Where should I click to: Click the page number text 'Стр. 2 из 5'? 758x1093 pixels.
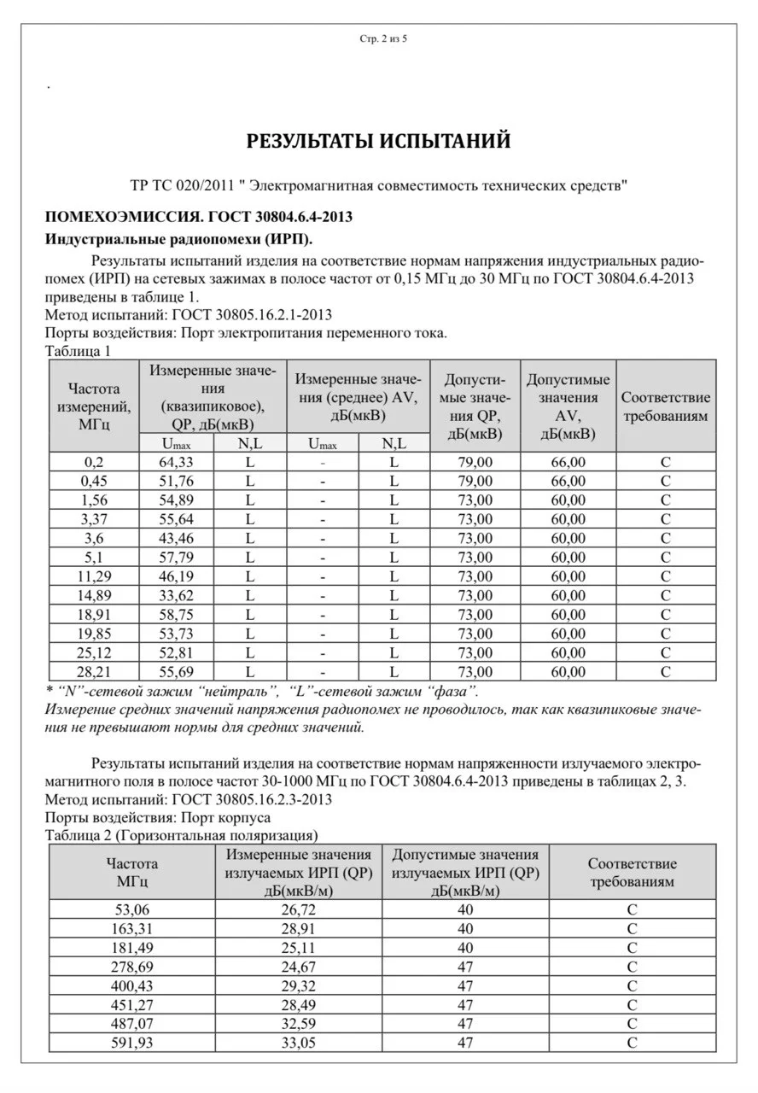[x=378, y=38]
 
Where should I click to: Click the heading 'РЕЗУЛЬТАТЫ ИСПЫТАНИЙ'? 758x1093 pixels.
[x=378, y=141]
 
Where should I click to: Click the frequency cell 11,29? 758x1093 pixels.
[x=94, y=576]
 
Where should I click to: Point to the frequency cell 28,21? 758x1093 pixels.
[x=94, y=671]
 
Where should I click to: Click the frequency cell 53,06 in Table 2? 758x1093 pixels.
[x=131, y=909]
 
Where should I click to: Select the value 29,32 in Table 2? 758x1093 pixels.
[x=298, y=985]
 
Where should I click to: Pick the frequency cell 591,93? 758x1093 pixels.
[x=131, y=1042]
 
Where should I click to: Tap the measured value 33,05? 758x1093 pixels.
[x=298, y=1042]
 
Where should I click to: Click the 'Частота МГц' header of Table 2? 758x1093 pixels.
[x=131, y=872]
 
